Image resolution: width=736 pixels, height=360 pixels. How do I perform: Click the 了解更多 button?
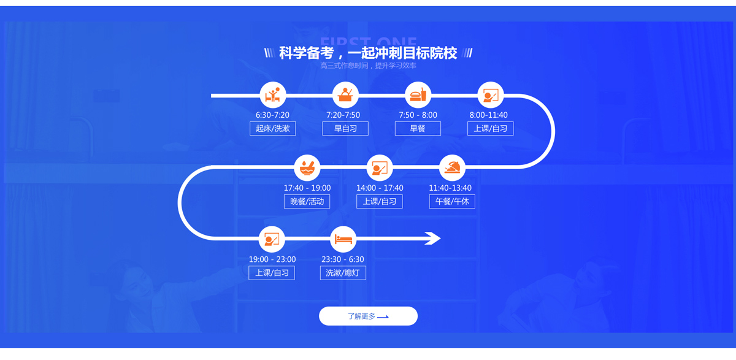(368, 316)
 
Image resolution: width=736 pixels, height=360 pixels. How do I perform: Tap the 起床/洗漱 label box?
(273, 128)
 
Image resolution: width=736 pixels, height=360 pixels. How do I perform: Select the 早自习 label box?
(345, 128)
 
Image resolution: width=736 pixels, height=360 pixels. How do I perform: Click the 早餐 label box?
(418, 128)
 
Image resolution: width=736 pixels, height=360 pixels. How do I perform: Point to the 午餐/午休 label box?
(452, 201)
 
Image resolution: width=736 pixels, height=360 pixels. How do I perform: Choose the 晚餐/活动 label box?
(307, 201)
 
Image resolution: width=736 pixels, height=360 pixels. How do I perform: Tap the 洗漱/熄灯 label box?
(343, 272)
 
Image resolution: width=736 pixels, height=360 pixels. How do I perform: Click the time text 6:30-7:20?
(272, 115)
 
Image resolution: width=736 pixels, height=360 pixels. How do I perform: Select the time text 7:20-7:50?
(343, 115)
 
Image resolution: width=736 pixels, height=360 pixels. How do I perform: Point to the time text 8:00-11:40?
(489, 115)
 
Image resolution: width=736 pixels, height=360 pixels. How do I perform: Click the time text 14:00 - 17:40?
(380, 188)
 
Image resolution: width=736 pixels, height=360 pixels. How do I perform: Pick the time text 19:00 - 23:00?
(272, 259)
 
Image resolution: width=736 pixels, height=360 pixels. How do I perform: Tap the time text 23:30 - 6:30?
(343, 259)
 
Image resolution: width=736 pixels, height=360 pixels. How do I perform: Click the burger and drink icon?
(418, 95)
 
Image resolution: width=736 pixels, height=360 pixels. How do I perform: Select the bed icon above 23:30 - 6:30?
(343, 239)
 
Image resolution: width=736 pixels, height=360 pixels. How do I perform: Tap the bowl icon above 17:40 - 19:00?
(307, 167)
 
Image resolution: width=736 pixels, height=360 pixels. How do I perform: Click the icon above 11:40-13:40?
(452, 167)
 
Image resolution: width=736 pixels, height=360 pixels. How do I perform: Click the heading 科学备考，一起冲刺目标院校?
(368, 53)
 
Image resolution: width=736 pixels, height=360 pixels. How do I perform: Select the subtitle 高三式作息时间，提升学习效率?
(368, 66)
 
